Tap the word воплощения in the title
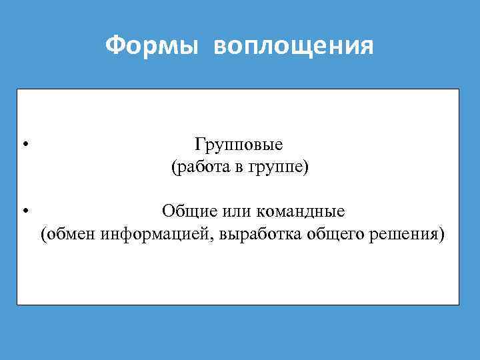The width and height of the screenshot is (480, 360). (x=294, y=47)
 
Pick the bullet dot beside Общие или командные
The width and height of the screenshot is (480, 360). (x=24, y=213)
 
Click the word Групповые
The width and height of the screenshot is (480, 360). (x=239, y=145)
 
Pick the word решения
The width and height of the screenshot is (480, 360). (x=406, y=235)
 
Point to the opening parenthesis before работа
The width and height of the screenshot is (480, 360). (x=173, y=168)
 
